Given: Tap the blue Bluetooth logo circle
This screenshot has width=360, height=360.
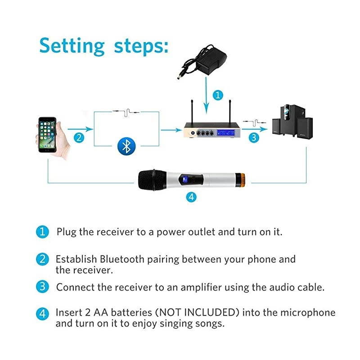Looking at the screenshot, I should pyautogui.click(x=126, y=146).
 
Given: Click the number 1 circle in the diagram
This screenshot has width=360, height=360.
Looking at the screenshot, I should pyautogui.click(x=218, y=95).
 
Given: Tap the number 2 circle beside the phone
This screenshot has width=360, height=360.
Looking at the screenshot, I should pyautogui.click(x=79, y=138).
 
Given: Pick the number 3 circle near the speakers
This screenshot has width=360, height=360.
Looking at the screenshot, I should pyautogui.click(x=255, y=138).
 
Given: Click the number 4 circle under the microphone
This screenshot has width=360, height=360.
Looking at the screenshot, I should pyautogui.click(x=191, y=197).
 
